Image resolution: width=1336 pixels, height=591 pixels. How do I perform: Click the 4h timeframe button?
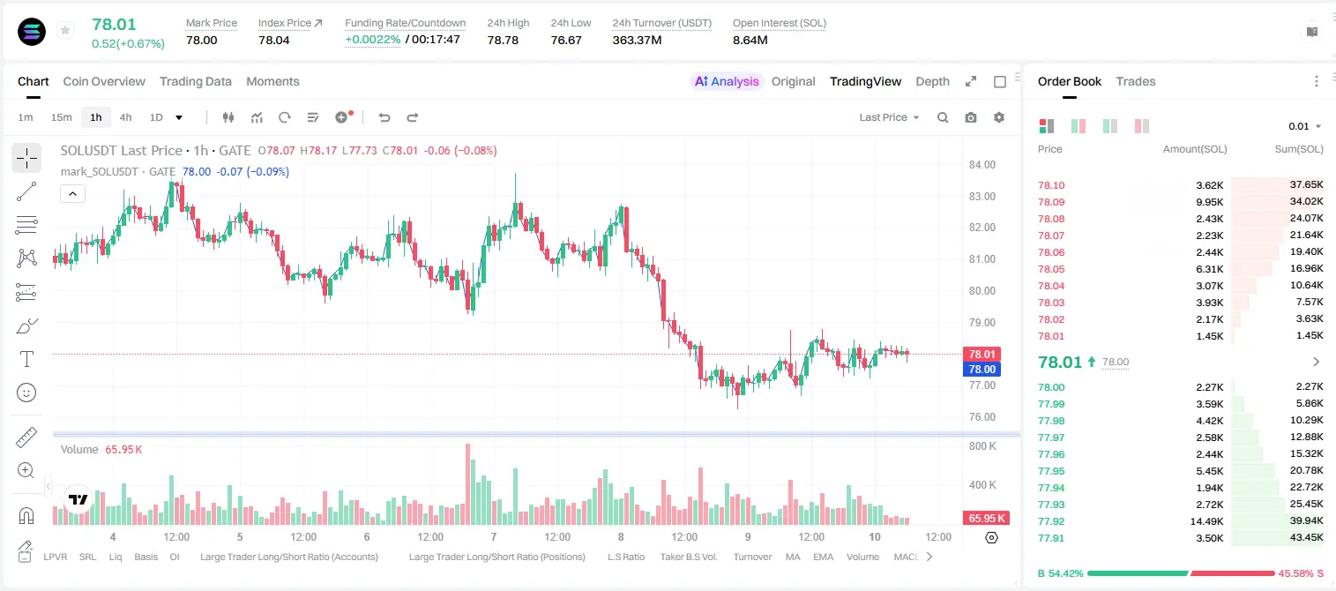[x=125, y=117]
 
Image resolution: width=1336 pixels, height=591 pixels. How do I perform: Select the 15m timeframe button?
[x=61, y=117]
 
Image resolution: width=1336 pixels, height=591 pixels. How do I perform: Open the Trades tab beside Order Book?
[x=1136, y=81]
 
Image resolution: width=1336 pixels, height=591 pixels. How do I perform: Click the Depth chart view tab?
[x=932, y=81]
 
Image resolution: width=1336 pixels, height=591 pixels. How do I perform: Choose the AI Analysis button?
[x=727, y=81]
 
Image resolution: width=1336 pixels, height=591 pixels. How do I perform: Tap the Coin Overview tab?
[x=104, y=81]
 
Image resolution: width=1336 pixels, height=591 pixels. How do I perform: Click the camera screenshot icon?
[x=971, y=117]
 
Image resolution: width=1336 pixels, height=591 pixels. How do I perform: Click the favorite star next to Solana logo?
[x=65, y=30]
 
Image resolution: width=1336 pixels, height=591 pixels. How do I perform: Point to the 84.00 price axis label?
[x=981, y=165]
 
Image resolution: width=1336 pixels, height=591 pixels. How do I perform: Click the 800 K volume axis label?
[x=982, y=446]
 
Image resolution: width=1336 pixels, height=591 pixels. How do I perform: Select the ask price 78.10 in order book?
[x=1051, y=185]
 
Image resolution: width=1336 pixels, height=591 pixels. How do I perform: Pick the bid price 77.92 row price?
[x=1051, y=521]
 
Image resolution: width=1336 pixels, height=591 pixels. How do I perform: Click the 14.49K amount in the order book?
[x=1206, y=521]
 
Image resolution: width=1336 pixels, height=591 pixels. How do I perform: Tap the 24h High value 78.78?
[x=503, y=40]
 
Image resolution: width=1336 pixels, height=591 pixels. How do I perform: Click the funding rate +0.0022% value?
[x=373, y=40]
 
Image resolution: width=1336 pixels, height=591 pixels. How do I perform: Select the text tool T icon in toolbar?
[x=26, y=359]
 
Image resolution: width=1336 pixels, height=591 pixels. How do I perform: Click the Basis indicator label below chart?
[x=146, y=557]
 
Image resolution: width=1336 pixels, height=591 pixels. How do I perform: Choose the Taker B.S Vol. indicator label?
[x=688, y=557]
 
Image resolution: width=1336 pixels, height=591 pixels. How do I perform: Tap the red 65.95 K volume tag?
[x=987, y=519]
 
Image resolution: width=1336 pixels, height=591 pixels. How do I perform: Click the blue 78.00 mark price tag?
[x=981, y=369]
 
